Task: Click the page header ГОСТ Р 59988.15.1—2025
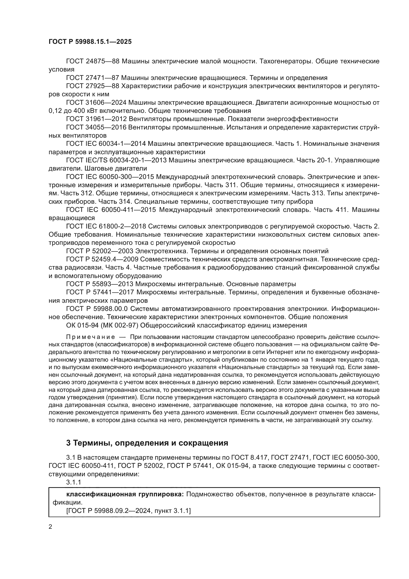tap(90, 42)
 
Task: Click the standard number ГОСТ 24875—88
tap(92, 61)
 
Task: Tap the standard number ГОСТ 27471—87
tap(92, 78)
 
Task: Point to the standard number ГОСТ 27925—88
tap(92, 86)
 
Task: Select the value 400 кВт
tap(88, 111)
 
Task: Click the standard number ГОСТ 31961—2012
tap(96, 119)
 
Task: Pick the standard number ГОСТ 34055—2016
tap(96, 127)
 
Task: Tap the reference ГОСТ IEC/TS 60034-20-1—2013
tap(116, 160)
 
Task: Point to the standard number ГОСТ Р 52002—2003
tap(99, 251)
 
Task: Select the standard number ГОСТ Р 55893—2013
tap(99, 284)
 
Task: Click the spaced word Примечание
tap(91, 337)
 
